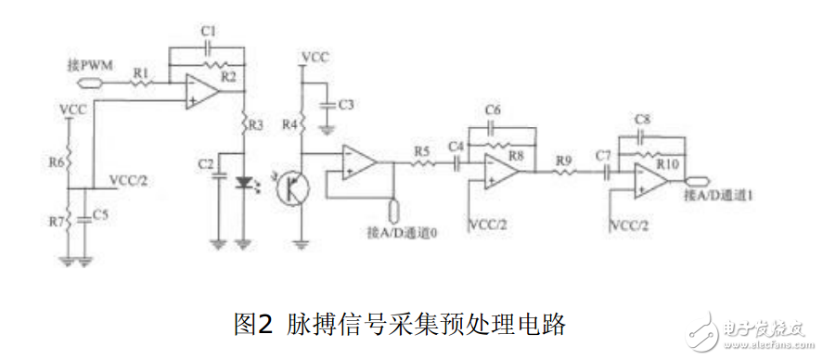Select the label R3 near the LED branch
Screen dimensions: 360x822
(x=257, y=123)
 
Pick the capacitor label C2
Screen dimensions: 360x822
(x=206, y=164)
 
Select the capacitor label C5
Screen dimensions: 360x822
(x=101, y=215)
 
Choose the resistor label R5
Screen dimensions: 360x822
(x=422, y=149)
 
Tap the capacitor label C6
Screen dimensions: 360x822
(x=493, y=110)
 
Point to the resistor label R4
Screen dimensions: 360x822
(x=288, y=123)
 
